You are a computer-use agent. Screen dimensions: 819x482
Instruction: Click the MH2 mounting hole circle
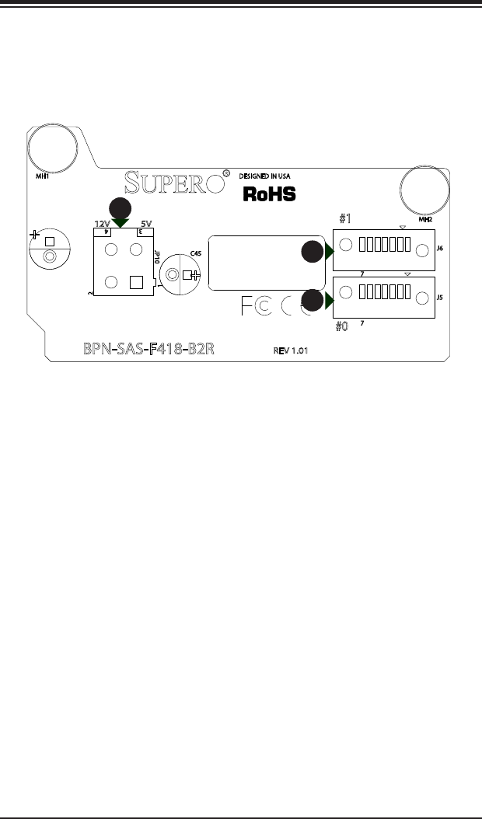[424, 190]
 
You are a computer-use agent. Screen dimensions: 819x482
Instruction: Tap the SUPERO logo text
[178, 184]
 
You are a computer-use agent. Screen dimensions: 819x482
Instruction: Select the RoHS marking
[269, 194]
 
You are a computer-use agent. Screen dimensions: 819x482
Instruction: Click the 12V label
[102, 223]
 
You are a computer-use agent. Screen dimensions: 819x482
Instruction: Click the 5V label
[145, 223]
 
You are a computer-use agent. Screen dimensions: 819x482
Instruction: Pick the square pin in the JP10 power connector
[136, 281]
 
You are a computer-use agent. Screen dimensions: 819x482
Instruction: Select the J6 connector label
[440, 249]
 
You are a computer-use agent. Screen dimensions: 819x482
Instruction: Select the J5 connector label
[440, 297]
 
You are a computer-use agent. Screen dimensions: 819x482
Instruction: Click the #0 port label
[342, 327]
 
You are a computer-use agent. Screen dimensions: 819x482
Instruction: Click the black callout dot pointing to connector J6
[313, 253]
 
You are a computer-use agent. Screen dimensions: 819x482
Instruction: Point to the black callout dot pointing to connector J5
[313, 300]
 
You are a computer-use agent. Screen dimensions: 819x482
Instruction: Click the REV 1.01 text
[292, 350]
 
